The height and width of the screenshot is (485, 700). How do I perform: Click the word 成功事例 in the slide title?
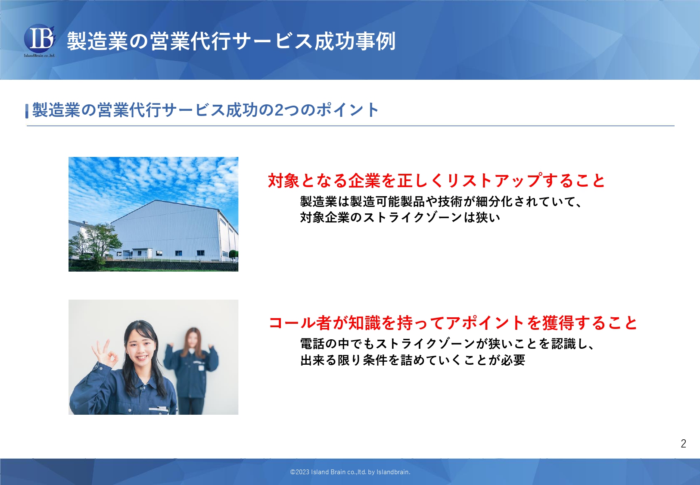click(355, 41)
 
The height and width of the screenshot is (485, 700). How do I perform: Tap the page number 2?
click(684, 444)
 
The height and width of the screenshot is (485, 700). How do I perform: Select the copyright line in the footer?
click(350, 472)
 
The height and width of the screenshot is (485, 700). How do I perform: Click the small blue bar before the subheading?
click(27, 111)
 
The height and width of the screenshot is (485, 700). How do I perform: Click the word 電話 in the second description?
click(312, 344)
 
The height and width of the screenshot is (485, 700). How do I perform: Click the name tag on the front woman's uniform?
click(159, 409)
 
